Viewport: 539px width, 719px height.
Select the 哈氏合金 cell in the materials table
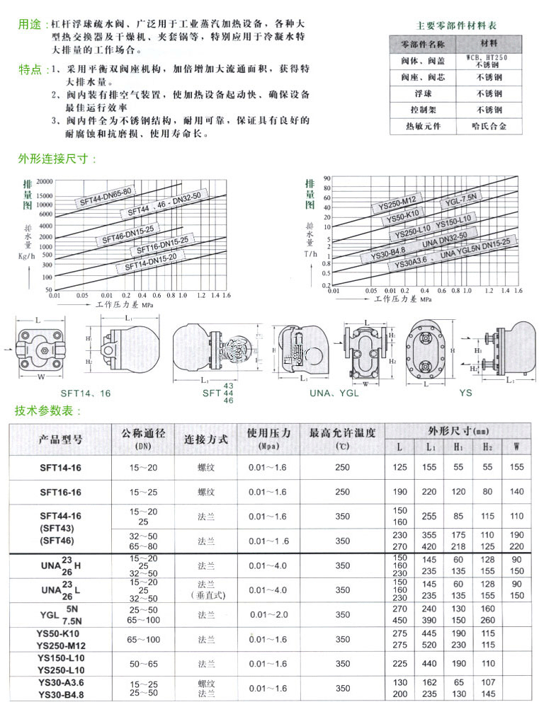(489, 127)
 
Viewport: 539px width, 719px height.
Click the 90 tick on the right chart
(327, 178)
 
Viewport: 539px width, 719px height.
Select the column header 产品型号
(60, 439)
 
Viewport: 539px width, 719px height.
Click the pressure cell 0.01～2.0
(269, 614)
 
